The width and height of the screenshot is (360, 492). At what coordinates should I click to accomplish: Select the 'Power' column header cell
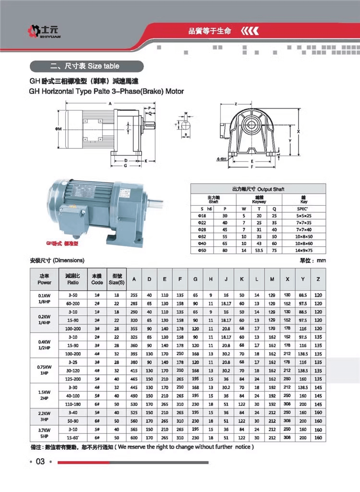tap(45, 280)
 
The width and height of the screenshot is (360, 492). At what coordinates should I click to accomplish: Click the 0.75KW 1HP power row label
tap(45, 370)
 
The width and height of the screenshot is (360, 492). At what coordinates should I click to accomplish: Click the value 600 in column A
tap(134, 438)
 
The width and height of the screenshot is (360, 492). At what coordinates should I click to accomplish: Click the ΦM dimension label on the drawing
tap(58, 129)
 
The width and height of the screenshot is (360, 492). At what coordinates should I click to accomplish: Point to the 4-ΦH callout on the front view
tap(221, 159)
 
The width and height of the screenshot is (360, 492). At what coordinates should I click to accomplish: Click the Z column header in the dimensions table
tap(318, 280)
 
